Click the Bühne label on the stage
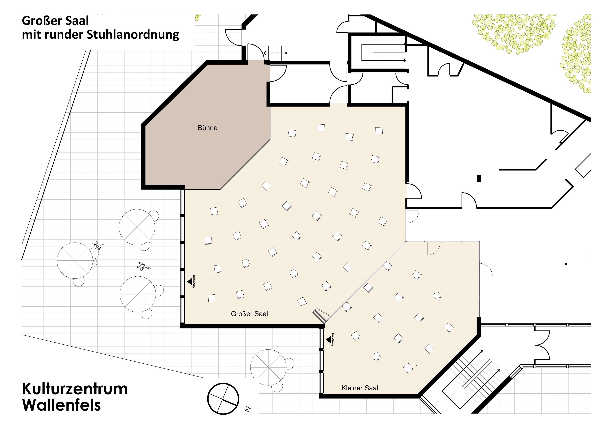[x=208, y=128]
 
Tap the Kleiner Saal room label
[x=360, y=388]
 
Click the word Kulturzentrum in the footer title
[x=75, y=389]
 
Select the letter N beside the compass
[x=248, y=409]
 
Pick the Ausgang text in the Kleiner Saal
[x=332, y=340]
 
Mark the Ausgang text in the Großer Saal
[x=194, y=281]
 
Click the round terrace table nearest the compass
[x=268, y=367]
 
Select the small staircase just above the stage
[x=275, y=53]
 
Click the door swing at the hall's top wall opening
[x=338, y=94]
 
